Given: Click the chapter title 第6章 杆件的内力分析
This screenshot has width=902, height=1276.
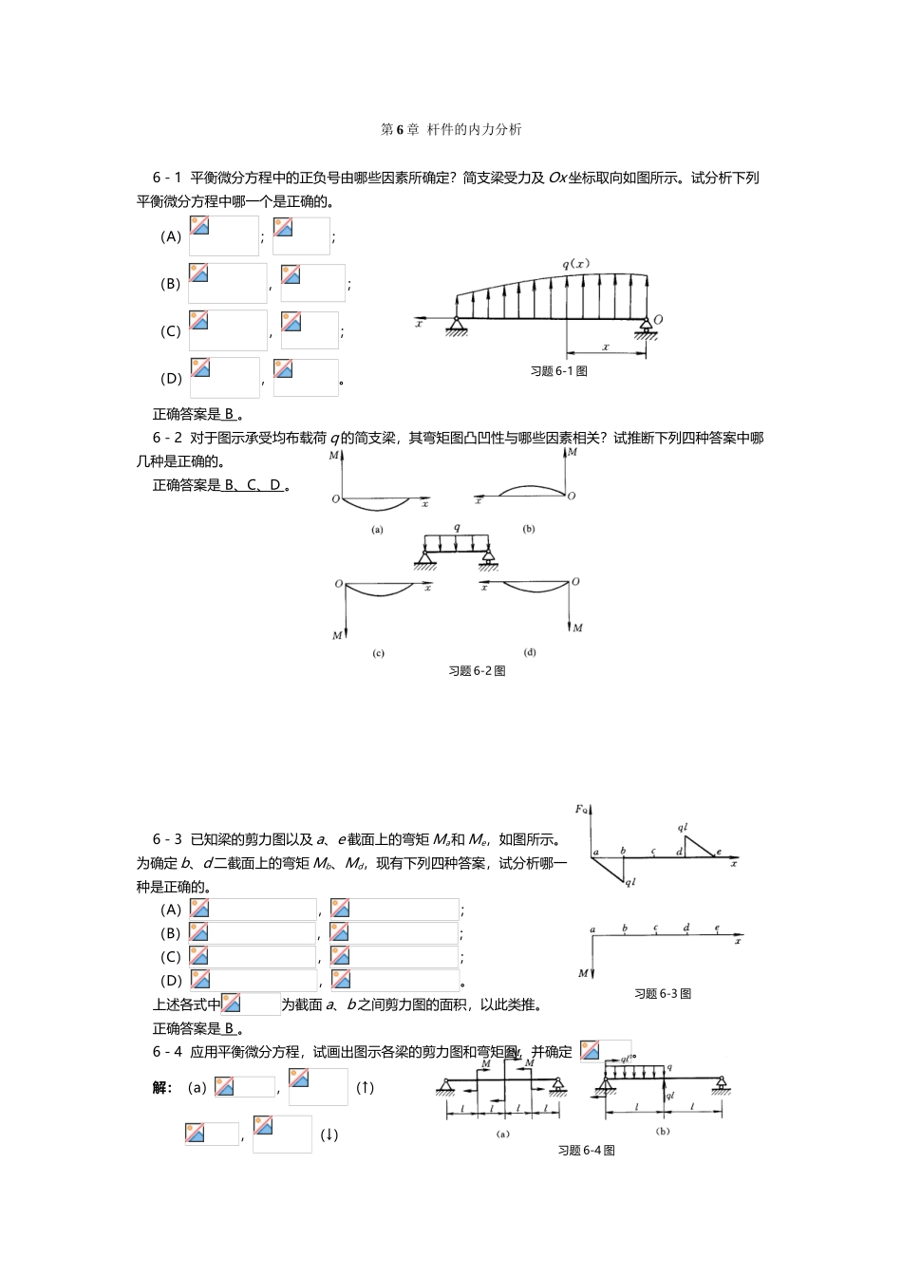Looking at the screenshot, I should tap(451, 129).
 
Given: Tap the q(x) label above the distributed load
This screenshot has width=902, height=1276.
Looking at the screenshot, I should tap(575, 265).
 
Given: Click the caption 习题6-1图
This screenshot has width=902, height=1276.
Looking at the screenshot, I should tap(558, 371).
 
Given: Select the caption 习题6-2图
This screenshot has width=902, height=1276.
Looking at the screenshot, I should tap(477, 671).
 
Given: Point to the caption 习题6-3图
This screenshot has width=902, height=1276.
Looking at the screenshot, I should tap(663, 994).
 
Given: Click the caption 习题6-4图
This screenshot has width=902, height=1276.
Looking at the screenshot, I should tap(586, 1151).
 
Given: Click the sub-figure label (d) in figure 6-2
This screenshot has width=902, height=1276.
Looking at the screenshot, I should tap(529, 652).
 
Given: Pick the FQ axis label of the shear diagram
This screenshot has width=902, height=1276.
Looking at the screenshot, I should tap(581, 810).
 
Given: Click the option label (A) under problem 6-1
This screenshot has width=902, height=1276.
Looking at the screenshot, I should tap(171, 236).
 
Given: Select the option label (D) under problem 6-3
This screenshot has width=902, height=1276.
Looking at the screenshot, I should tap(171, 981).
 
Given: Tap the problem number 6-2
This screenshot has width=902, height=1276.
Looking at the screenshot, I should tap(167, 438).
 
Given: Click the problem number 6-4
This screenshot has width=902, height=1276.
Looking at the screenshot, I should tap(167, 1052).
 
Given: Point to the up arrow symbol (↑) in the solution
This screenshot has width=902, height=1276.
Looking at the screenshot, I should tap(366, 1088).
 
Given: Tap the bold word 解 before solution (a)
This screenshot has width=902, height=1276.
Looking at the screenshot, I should tap(160, 1088).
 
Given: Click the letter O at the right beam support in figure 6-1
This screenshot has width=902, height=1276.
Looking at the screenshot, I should tap(658, 320).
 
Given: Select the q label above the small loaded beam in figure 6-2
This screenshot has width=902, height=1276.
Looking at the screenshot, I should tap(457, 527).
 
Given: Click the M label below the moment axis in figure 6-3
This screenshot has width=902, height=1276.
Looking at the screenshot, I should tap(583, 974).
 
